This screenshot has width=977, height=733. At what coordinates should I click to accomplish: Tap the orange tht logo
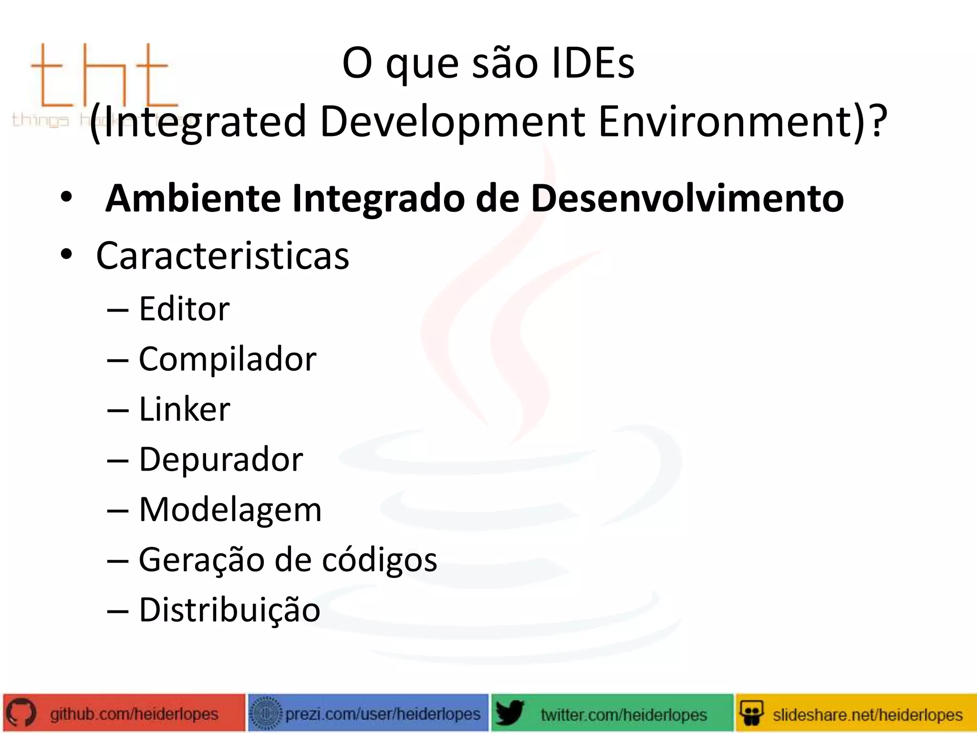point(103,76)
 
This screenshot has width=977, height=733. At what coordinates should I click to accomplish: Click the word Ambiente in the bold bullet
point(193,199)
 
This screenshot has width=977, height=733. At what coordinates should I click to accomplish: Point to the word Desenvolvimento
point(687,199)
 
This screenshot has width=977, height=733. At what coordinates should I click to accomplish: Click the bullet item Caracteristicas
point(222,256)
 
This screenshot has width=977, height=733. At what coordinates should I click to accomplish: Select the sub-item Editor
point(184,309)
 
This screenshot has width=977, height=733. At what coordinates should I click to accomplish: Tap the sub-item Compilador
point(227,359)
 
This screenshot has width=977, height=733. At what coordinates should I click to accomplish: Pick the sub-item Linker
point(184,409)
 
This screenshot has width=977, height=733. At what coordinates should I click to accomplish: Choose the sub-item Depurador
point(220,460)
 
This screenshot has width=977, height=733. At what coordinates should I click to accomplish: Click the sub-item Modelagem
point(230,510)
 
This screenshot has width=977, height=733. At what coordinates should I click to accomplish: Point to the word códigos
point(379,560)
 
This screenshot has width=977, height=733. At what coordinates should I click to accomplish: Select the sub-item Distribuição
point(229,610)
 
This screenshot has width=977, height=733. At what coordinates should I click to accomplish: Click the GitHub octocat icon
point(21,713)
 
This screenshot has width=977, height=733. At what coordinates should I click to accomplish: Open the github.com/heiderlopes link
point(134,714)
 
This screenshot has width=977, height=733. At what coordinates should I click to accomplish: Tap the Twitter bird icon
point(509,713)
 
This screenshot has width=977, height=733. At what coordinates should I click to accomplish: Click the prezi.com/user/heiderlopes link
point(383,714)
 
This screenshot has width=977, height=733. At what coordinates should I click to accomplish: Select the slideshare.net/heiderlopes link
point(867,714)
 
